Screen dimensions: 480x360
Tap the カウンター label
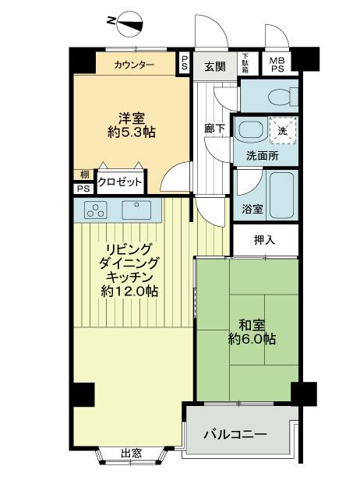pos(133,64)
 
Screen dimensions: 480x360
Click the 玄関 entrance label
pos(215,66)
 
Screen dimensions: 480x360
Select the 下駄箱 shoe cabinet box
pos(245,62)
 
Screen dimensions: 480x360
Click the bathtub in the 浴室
pos(278,196)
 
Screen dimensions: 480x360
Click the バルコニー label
pos(235,434)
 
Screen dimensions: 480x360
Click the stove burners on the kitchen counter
pos(97,209)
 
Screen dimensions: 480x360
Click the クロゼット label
pos(120,182)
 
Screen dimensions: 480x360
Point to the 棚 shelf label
pos(83,175)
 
